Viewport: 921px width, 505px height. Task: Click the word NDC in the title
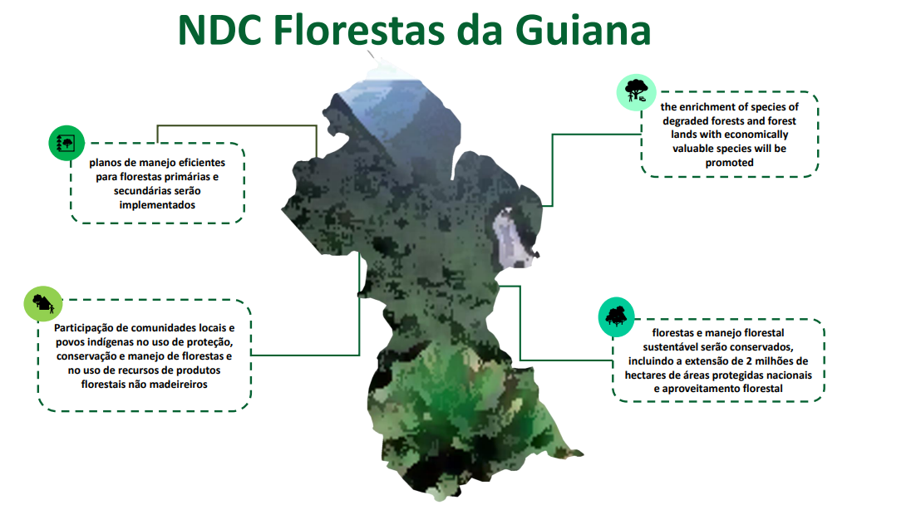pos(219,30)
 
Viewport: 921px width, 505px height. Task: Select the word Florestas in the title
pos(359,30)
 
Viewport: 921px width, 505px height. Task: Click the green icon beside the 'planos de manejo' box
pos(66,143)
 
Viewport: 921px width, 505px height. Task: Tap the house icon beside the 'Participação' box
pos(43,304)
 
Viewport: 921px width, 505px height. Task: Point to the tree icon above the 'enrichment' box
pos(636,92)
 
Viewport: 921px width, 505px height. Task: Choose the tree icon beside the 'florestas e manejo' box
pos(616,317)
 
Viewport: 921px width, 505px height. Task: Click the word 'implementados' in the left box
pos(157,205)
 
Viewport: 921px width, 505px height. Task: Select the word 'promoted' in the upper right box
pos(730,163)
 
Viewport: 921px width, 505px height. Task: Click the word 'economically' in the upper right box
pos(754,135)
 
